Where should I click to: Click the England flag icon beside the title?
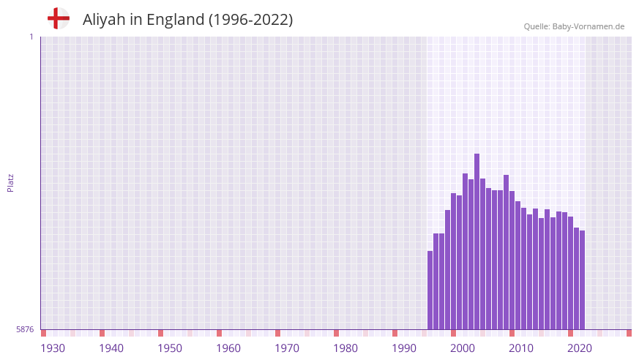pos(58,19)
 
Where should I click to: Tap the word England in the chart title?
pos(176,20)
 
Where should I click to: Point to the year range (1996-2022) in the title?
pos(250,20)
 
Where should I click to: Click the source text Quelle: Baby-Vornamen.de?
pos(574,26)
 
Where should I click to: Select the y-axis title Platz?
pos(10,183)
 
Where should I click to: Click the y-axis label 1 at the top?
pos(31,37)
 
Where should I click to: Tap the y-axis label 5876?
pos(25,329)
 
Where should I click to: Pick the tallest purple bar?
pos(477,241)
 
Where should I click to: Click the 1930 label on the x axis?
pos(53,348)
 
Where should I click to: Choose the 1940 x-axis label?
pos(111,348)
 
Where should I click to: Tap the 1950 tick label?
pos(170,348)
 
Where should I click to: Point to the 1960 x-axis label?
pos(228,348)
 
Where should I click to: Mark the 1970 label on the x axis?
pos(287,348)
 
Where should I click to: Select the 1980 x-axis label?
pos(345,348)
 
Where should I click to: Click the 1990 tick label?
pos(404,348)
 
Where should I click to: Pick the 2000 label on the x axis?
pos(463,348)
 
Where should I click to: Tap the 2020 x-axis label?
pos(580,348)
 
